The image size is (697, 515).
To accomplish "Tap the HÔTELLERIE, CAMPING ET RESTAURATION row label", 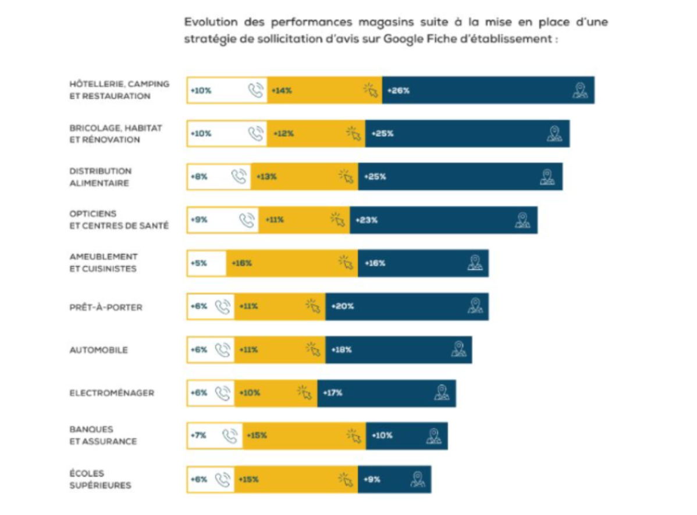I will (x=119, y=90).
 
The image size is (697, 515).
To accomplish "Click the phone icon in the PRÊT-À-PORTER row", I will (x=223, y=307).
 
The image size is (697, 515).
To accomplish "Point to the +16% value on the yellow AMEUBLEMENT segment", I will (x=241, y=263).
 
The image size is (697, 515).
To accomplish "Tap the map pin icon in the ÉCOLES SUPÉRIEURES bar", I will (x=417, y=480).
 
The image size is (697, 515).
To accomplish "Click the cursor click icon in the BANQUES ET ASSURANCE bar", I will (x=354, y=436).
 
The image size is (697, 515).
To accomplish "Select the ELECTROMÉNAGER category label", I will (x=112, y=394).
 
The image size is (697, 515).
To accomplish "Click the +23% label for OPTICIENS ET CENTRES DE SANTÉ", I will (x=367, y=220).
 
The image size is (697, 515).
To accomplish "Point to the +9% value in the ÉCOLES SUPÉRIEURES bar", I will (x=372, y=480).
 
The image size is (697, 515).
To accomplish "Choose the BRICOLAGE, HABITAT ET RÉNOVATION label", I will (x=116, y=134).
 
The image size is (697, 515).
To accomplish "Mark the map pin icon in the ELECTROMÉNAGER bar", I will (x=442, y=393).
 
